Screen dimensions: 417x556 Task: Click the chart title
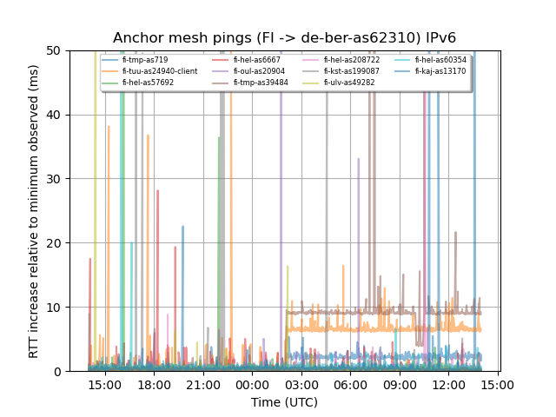click(x=284, y=37)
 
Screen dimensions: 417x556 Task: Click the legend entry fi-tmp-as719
click(x=145, y=60)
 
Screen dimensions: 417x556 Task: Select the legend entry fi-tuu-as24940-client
click(x=159, y=71)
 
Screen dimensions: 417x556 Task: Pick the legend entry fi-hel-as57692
click(x=148, y=83)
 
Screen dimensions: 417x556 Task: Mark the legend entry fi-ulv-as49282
click(x=352, y=83)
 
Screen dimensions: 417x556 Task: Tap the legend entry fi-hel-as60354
click(x=440, y=60)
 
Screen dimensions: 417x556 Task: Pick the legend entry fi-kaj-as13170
click(x=440, y=71)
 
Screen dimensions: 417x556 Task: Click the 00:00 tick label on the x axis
click(x=252, y=385)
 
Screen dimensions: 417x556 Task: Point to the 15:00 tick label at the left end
click(x=104, y=385)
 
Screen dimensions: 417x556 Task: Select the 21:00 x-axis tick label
click(x=202, y=385)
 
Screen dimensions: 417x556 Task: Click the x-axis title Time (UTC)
click(x=284, y=402)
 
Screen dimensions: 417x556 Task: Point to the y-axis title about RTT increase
click(x=33, y=211)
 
